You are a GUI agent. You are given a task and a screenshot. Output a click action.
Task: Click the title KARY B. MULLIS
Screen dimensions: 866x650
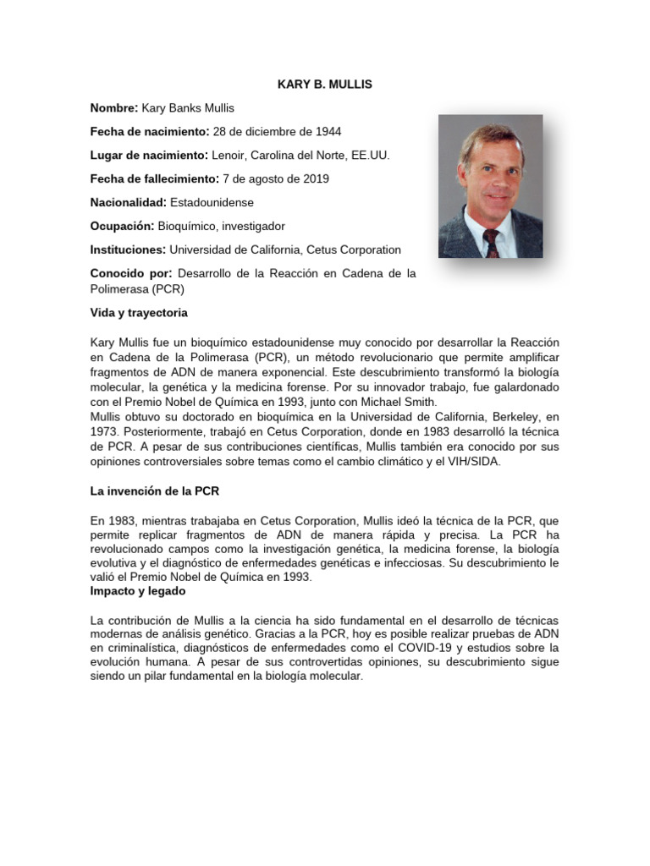(x=325, y=85)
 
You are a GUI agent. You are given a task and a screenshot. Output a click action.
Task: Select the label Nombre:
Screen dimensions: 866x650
(x=114, y=108)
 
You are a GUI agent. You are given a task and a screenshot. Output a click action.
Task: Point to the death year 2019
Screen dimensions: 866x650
(x=315, y=179)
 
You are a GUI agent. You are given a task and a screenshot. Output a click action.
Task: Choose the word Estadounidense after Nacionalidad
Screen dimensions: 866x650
(x=212, y=203)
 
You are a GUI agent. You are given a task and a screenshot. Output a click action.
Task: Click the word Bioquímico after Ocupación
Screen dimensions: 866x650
(x=188, y=227)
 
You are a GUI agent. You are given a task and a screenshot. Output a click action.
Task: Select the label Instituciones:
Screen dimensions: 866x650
(x=128, y=250)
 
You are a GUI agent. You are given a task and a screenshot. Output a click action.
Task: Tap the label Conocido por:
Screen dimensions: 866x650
(x=131, y=274)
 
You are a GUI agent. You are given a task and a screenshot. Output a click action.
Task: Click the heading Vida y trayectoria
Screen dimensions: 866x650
(x=139, y=313)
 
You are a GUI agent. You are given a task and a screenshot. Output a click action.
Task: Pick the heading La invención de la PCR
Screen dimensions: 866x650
(x=155, y=491)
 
